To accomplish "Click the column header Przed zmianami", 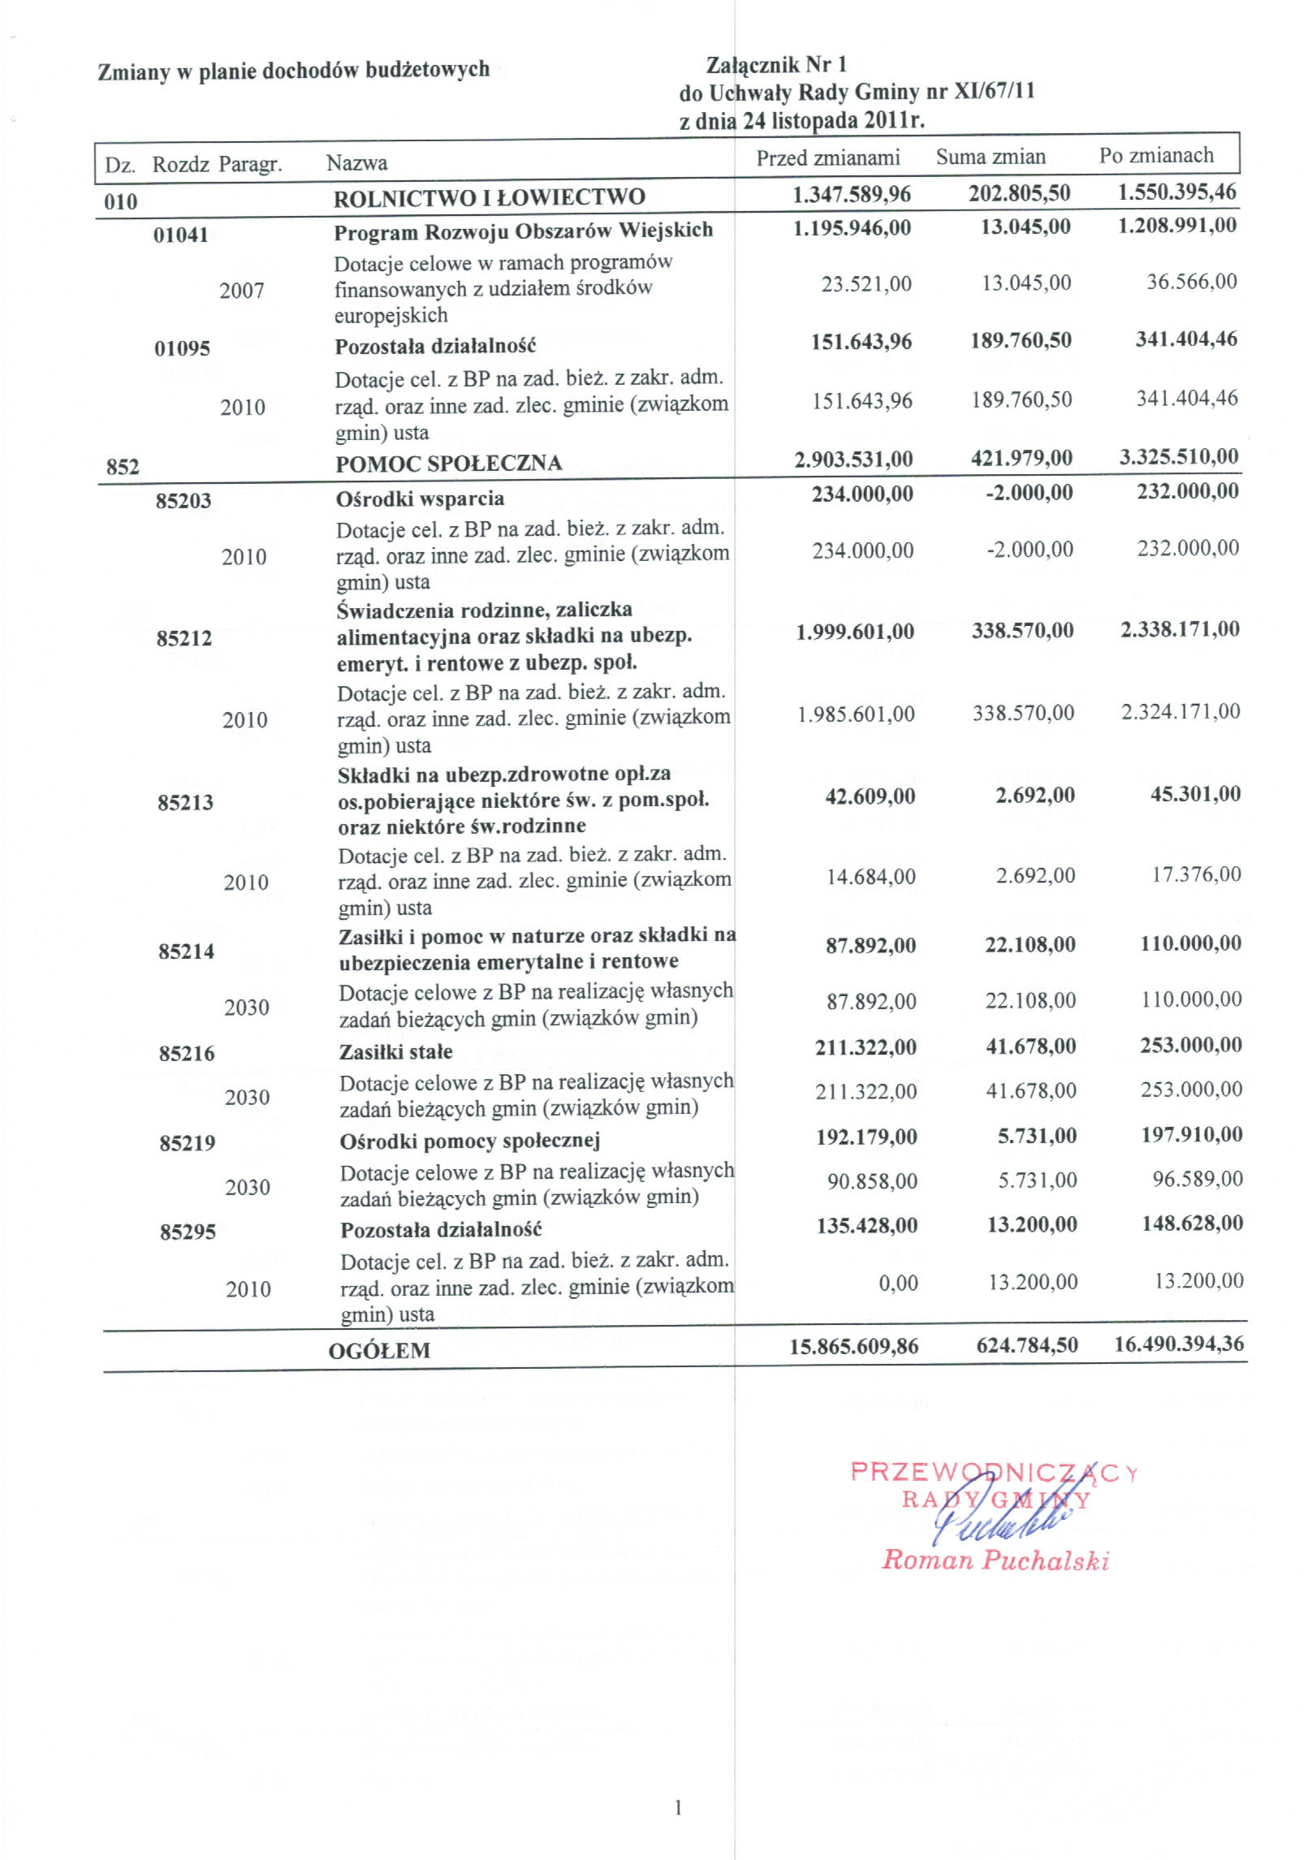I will point(827,158).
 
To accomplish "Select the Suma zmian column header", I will point(991,157).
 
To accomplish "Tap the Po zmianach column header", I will point(1156,155).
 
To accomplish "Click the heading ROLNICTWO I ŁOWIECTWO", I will point(490,196).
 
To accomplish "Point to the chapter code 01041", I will point(181,235).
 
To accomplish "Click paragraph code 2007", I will point(242,291).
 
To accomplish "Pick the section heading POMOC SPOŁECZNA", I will point(449,463).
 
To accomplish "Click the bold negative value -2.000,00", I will point(1030,493).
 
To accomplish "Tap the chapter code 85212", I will point(184,638).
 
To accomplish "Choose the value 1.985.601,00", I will point(857,714).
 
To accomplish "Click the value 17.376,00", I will point(1197,874).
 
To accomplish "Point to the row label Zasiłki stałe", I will point(396,1051).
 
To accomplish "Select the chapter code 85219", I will point(187,1143).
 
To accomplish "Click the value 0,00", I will point(899,1283).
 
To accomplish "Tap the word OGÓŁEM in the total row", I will point(379,1351).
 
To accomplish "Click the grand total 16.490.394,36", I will point(1179,1344).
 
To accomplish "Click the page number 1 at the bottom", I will point(678,1807).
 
